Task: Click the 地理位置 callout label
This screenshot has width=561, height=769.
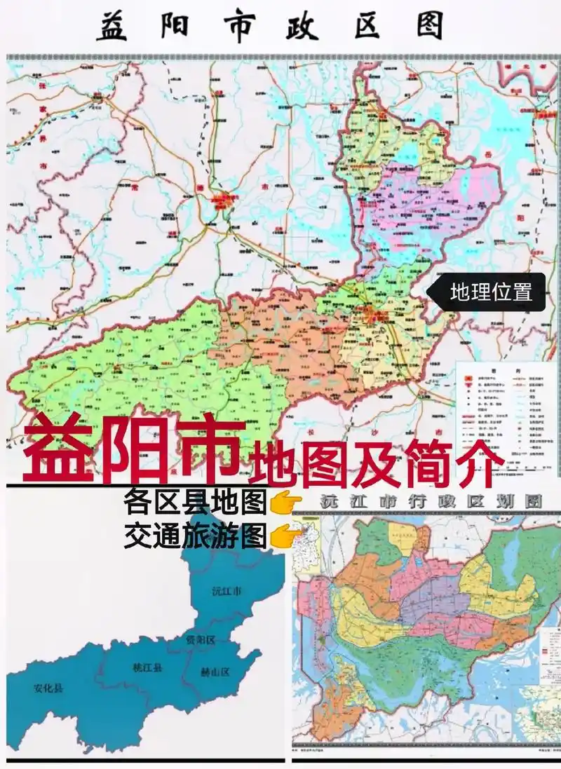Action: [490, 292]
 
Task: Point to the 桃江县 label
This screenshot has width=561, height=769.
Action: [147, 667]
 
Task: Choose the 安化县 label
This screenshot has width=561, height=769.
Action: [48, 688]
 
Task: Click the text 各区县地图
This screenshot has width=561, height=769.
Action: [195, 503]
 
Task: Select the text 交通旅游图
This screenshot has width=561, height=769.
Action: [195, 536]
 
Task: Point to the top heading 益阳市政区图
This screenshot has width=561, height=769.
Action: [270, 27]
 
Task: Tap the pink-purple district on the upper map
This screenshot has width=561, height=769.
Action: [428, 203]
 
